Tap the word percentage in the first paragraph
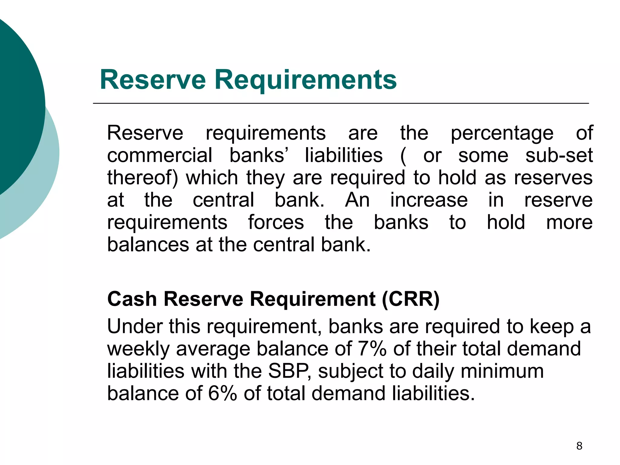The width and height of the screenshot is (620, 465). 502,133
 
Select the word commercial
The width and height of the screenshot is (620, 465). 160,156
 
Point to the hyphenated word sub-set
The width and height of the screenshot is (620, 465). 559,156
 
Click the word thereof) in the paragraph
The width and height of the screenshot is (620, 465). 143,178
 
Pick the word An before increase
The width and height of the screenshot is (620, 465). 357,200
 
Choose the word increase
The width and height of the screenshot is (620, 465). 429,200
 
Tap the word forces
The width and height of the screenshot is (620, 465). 276,223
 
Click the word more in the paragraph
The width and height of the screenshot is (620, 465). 569,223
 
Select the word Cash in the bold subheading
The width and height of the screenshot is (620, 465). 132,299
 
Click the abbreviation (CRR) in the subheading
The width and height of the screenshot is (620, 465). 411,299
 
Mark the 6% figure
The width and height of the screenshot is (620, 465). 223,393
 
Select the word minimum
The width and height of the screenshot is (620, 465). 502,371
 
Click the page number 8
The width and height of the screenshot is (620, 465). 579,446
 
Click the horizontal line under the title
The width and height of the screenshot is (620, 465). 341,104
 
